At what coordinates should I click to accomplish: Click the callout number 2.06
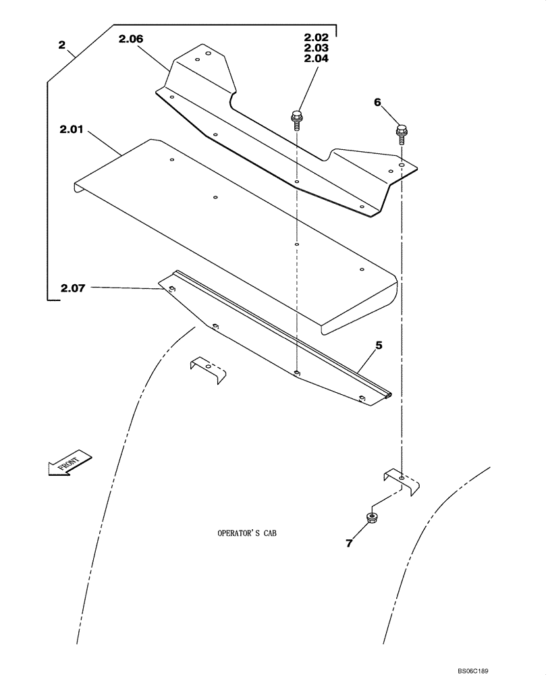131,40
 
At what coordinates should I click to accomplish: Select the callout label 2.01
71,129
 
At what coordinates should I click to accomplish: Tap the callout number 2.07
74,289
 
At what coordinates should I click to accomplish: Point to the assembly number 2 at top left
62,45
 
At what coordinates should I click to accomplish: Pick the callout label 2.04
316,59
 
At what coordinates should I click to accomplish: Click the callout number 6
377,102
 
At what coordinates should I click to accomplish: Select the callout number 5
379,345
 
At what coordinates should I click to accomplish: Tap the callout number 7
349,543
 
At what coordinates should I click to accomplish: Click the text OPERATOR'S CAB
247,533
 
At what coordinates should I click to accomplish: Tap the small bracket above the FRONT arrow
207,371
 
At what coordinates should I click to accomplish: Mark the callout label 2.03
316,49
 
